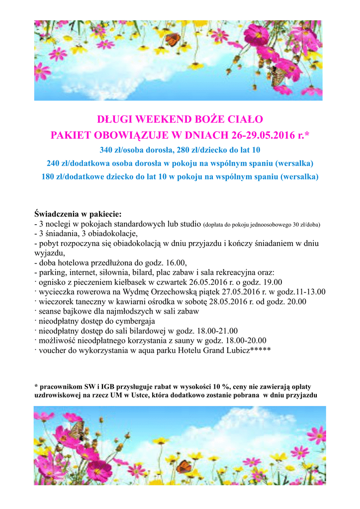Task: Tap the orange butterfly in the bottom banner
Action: coord(183,466)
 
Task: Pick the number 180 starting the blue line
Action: coord(48,176)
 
